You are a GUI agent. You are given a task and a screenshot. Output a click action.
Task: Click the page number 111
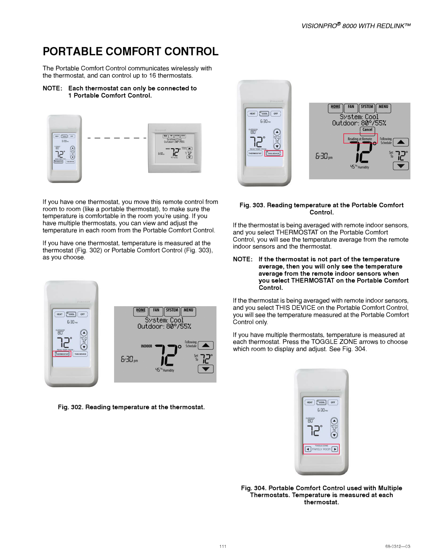click(x=223, y=546)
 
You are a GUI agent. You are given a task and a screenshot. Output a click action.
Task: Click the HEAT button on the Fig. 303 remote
click(x=252, y=114)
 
